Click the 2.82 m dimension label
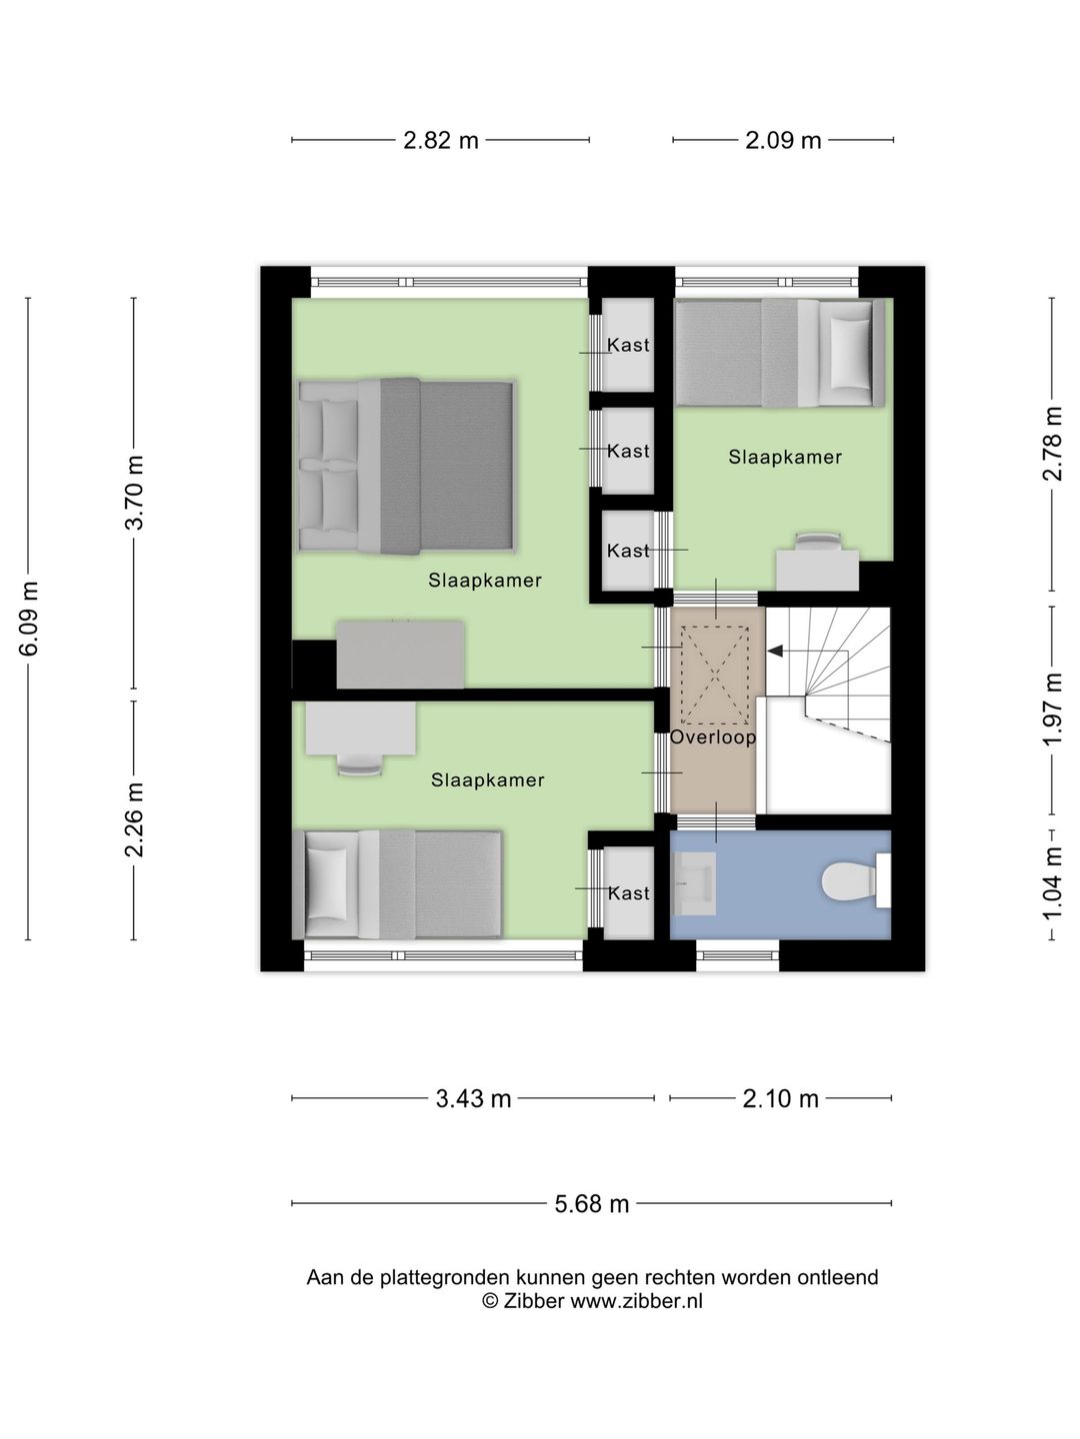coord(440,140)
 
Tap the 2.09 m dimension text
coord(783,140)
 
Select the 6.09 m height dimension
coord(29,619)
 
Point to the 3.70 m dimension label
coord(134,493)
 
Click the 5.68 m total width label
coord(591,1204)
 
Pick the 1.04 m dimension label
coord(1052,883)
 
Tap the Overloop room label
coord(713,737)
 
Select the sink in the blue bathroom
coord(693,883)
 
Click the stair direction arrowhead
coord(776,651)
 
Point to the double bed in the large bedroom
coord(407,466)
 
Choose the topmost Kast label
coord(628,345)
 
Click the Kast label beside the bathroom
coord(629,893)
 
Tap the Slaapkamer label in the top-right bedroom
coord(785,457)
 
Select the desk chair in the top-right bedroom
coord(818,540)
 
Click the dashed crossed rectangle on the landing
coord(715,676)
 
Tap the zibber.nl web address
coord(636,1301)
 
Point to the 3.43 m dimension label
coord(473,1098)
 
